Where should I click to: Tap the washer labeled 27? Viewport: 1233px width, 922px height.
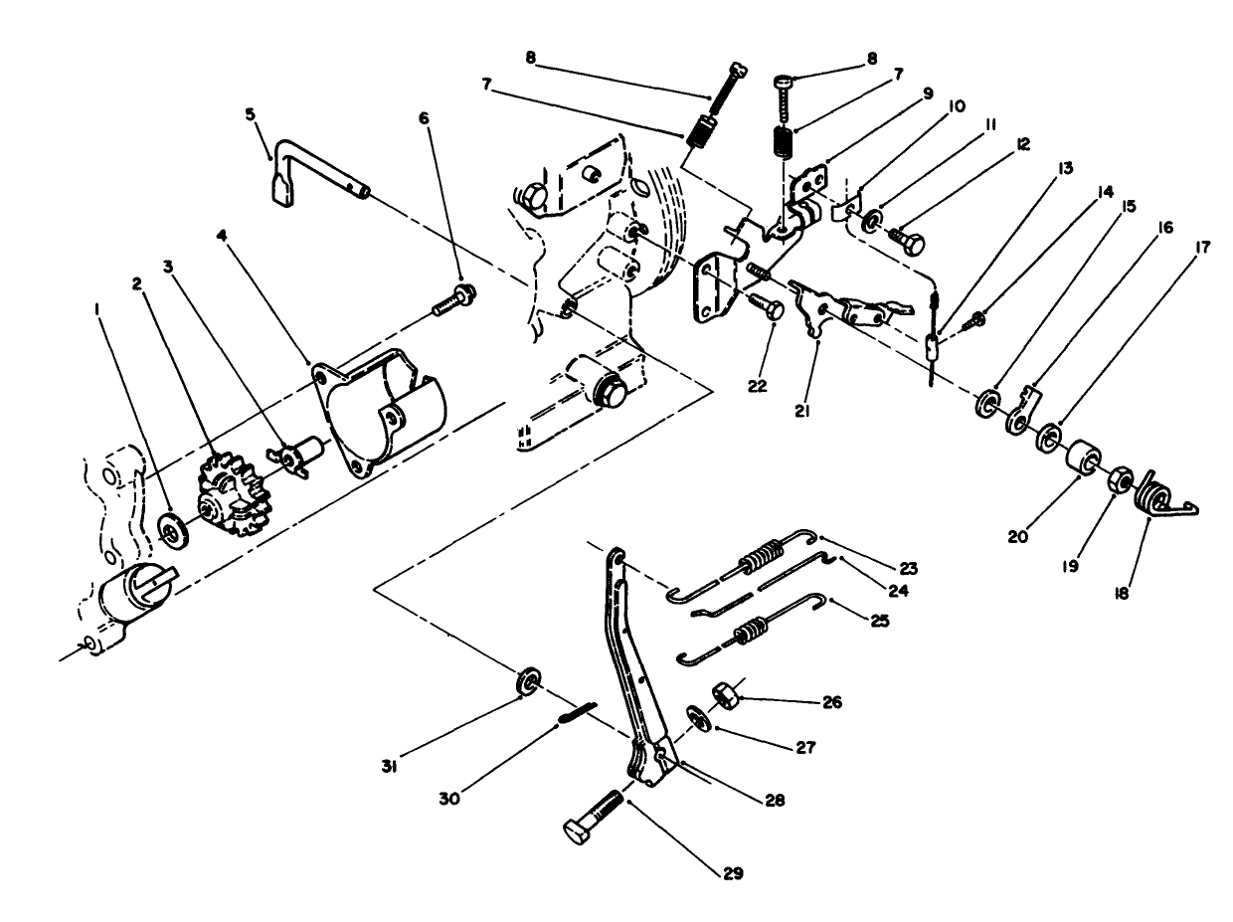[697, 718]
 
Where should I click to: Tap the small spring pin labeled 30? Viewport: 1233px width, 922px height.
[581, 712]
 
